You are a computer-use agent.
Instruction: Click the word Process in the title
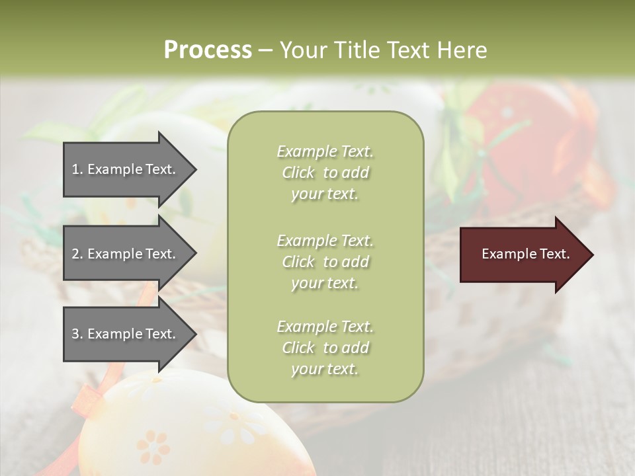click(x=208, y=50)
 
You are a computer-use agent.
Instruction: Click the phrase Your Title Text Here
click(x=383, y=50)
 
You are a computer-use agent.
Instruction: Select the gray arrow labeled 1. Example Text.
click(x=126, y=169)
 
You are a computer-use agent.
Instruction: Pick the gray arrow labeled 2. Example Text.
click(x=126, y=254)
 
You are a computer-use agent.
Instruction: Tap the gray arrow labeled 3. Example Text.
click(x=126, y=334)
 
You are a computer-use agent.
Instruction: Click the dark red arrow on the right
click(x=523, y=255)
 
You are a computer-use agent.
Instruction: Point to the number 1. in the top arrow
click(x=77, y=169)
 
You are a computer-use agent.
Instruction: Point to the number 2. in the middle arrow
click(x=77, y=254)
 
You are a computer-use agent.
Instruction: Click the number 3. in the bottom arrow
click(x=77, y=334)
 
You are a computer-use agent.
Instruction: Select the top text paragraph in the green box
click(x=325, y=173)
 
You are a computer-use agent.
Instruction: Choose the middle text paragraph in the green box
click(x=325, y=262)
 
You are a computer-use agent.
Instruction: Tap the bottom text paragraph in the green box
click(x=325, y=348)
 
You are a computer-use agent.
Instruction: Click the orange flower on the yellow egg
click(x=153, y=447)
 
